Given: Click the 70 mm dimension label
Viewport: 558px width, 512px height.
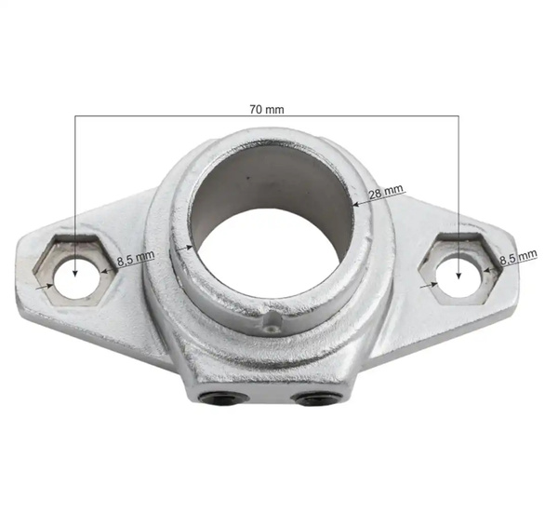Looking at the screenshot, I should (267, 108).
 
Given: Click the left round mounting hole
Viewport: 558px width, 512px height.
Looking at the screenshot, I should (73, 274).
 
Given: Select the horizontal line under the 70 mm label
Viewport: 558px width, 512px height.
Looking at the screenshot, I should (267, 116).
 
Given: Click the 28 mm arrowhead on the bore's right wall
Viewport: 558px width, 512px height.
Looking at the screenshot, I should (357, 198).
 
